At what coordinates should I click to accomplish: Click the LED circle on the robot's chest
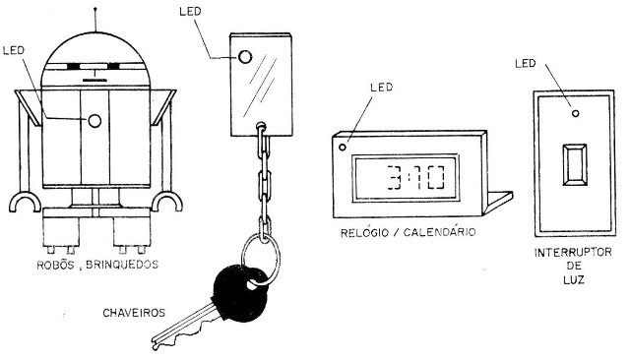pyautogui.click(x=94, y=120)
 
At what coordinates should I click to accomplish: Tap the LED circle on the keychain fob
pyautogui.click(x=243, y=55)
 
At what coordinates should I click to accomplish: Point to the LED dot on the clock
pyautogui.click(x=343, y=148)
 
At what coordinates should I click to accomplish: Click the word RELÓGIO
pyautogui.click(x=362, y=233)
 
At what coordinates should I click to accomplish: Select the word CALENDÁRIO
pyautogui.click(x=439, y=233)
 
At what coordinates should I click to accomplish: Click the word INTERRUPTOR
pyautogui.click(x=572, y=252)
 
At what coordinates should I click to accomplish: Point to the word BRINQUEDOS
pyautogui.click(x=124, y=266)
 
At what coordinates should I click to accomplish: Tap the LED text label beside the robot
pyautogui.click(x=16, y=50)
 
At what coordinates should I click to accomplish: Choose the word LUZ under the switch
pyautogui.click(x=572, y=280)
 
